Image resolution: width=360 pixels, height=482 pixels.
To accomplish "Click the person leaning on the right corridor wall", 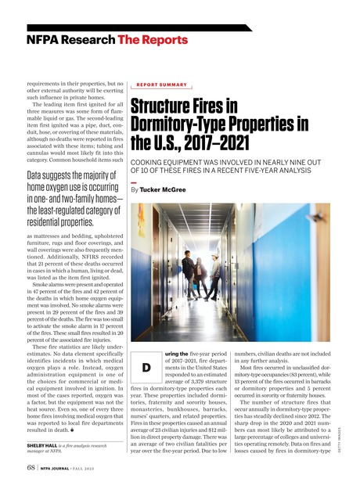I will (x=214, y=280).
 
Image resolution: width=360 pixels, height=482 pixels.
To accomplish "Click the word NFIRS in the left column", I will (x=90, y=268).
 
